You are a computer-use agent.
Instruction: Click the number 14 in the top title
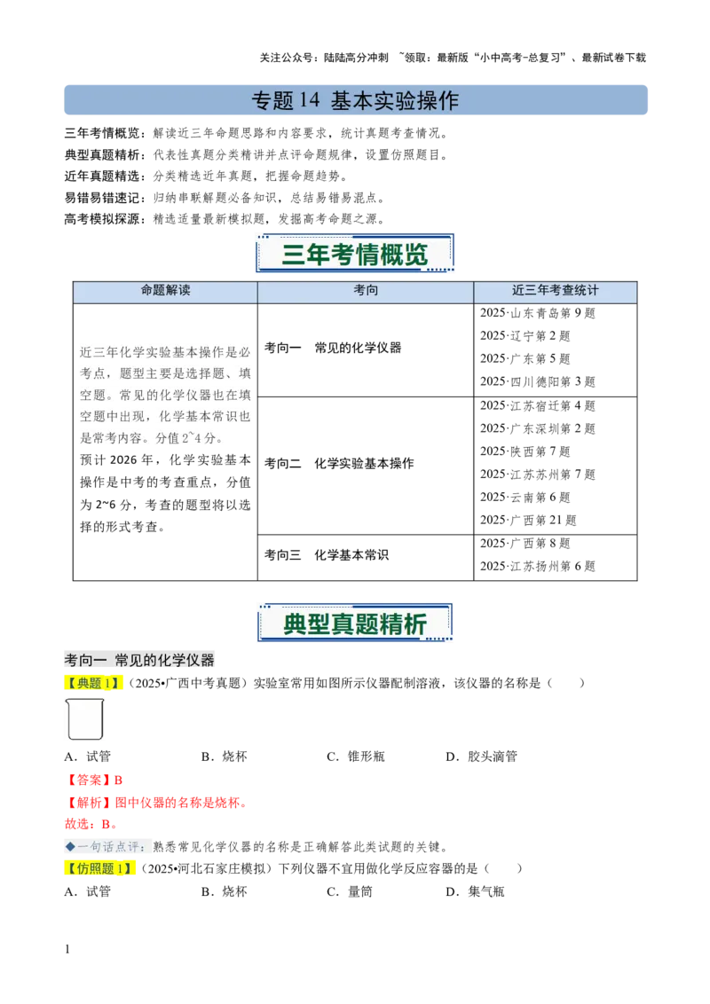coord(308,101)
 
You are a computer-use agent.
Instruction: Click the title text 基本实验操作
coord(395,101)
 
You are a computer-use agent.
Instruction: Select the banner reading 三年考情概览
coord(355,255)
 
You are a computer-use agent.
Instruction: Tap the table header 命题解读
coord(165,291)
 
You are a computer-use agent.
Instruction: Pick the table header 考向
coord(366,291)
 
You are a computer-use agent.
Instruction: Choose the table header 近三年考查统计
coord(556,291)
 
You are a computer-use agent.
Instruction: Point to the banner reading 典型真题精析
coord(355,623)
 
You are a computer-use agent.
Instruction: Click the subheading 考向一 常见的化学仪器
coord(140,661)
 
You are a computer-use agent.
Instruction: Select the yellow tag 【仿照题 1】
coord(102,868)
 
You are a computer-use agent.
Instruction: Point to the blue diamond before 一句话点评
coord(70,846)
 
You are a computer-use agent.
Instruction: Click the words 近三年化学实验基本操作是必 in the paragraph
coord(166,352)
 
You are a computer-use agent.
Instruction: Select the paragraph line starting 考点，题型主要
coord(166,373)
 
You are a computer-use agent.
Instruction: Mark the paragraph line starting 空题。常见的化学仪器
coord(166,395)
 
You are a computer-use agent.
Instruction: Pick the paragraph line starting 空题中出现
coord(166,416)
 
